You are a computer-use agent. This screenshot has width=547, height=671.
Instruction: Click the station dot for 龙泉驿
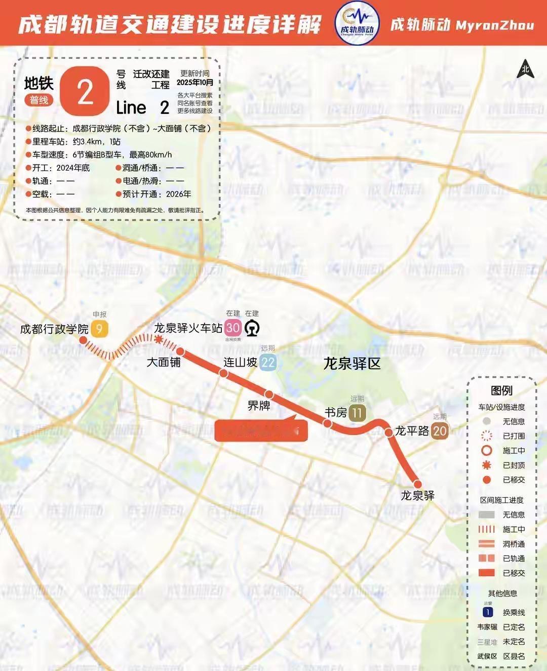(x=418, y=484)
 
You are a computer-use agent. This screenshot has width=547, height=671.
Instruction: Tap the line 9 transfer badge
(x=99, y=329)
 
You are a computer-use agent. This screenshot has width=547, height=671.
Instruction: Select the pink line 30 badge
(x=233, y=328)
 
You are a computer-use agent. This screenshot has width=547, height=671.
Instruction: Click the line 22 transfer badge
(x=268, y=362)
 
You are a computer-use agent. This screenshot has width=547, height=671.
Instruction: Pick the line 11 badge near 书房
(x=357, y=413)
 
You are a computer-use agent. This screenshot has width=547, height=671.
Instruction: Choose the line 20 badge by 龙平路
(x=440, y=431)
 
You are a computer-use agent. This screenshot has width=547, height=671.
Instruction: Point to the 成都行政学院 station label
(x=54, y=329)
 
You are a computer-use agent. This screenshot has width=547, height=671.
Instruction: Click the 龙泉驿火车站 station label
(x=188, y=328)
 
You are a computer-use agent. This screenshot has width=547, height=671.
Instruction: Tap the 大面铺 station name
(x=164, y=362)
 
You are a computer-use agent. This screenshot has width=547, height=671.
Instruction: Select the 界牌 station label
(x=258, y=406)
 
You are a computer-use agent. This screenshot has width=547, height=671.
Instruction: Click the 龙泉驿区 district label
(x=352, y=364)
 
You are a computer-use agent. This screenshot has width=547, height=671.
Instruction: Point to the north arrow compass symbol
(x=525, y=69)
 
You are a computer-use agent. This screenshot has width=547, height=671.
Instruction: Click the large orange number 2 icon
(x=85, y=92)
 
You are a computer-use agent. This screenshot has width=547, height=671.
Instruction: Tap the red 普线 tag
(x=38, y=100)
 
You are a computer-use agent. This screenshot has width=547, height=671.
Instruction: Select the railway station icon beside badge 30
(x=252, y=328)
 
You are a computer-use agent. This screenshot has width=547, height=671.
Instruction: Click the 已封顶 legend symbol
(x=487, y=465)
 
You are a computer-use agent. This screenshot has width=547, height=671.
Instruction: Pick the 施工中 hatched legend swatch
(x=487, y=529)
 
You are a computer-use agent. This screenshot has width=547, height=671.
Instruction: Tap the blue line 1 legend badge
(x=488, y=612)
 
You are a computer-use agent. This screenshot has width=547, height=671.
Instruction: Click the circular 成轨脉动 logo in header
(x=357, y=23)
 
